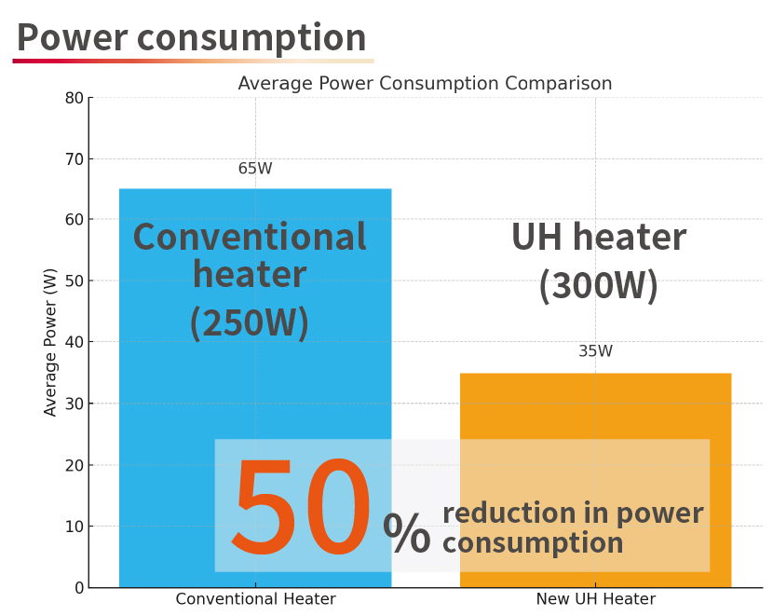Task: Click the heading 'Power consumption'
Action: click(x=191, y=37)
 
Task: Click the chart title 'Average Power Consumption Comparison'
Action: click(x=425, y=84)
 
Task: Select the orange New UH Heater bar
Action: click(x=595, y=410)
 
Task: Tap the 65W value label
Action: click(x=255, y=169)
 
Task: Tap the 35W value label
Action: click(x=595, y=351)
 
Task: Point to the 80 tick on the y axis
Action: click(x=74, y=98)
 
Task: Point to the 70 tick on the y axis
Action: click(x=74, y=159)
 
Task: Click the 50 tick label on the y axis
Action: click(x=74, y=281)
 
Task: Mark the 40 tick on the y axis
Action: click(x=74, y=343)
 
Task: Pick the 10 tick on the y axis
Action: click(x=74, y=527)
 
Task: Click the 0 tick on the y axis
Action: click(x=78, y=588)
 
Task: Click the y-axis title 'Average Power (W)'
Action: click(x=50, y=342)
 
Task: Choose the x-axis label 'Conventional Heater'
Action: click(x=255, y=599)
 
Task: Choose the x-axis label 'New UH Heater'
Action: click(x=595, y=599)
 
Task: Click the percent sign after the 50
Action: click(x=407, y=532)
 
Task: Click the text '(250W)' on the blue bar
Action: click(x=249, y=322)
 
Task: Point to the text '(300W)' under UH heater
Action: click(x=598, y=285)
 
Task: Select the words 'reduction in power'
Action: click(x=572, y=513)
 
